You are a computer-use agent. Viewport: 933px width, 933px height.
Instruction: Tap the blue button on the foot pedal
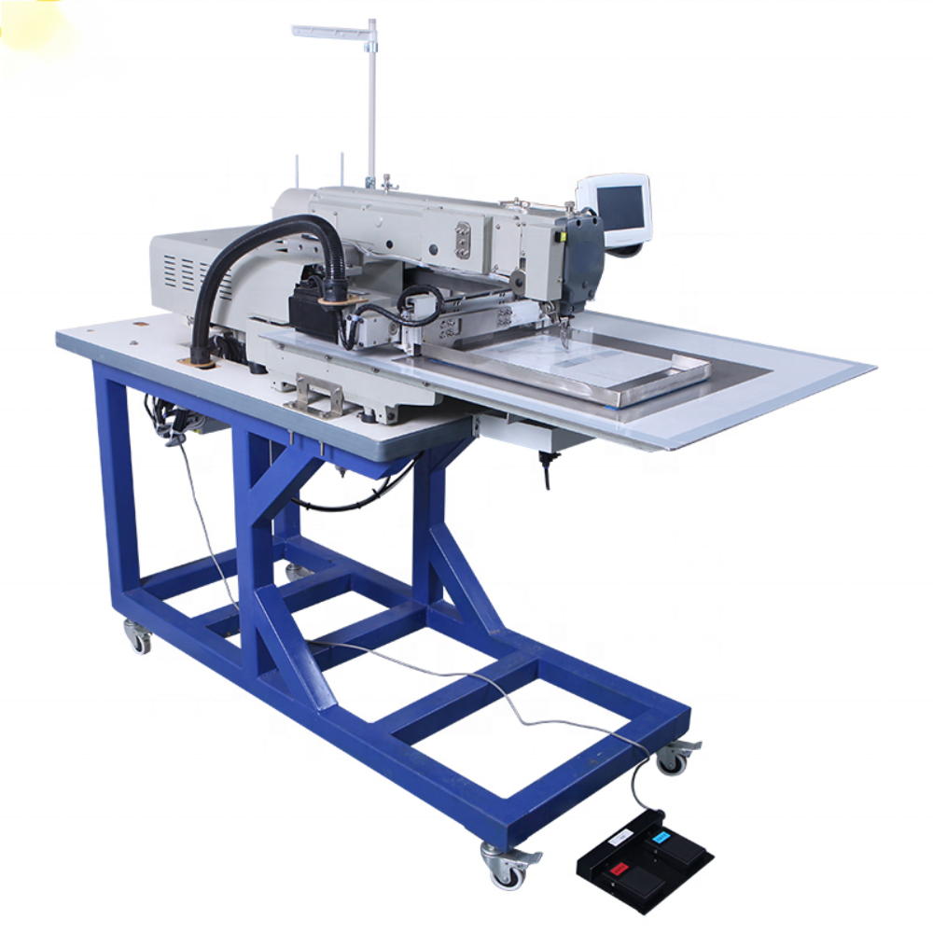tap(661, 838)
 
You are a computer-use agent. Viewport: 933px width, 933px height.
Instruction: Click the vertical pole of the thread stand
tap(371, 103)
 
